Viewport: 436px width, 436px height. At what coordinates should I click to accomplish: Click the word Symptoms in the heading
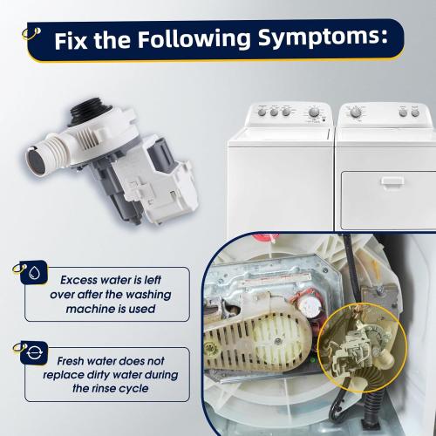click(x=323, y=38)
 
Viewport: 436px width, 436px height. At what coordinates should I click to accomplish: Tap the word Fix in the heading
click(x=71, y=40)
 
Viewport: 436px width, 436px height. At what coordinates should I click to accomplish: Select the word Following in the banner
click(x=194, y=39)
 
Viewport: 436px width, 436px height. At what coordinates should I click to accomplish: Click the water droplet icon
click(x=34, y=272)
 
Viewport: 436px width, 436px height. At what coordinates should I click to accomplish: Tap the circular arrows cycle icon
click(x=34, y=353)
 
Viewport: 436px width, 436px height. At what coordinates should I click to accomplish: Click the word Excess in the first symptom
click(x=78, y=280)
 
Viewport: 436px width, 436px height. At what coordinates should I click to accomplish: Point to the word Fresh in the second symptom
click(x=71, y=361)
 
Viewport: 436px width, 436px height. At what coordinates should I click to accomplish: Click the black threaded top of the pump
click(x=90, y=112)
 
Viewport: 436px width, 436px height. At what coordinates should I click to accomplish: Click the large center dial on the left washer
click(x=314, y=112)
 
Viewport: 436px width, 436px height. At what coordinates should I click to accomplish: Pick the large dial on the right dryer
click(x=355, y=112)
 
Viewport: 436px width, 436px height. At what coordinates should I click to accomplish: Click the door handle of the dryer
click(x=392, y=181)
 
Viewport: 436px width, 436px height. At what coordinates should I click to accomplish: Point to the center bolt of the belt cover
click(x=278, y=341)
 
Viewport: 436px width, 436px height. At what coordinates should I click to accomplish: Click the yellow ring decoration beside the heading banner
click(x=31, y=34)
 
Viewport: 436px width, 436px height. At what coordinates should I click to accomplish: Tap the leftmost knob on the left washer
click(x=262, y=112)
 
